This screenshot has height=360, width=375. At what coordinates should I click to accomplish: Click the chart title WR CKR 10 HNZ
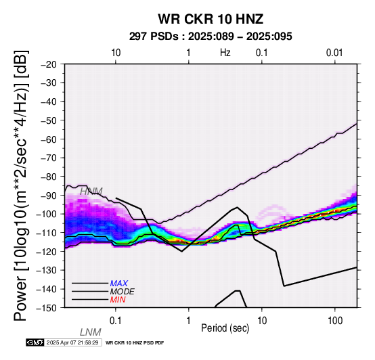[211, 19]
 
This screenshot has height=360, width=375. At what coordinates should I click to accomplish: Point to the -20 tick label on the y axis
[49, 64]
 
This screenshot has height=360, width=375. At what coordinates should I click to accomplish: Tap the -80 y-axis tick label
[49, 177]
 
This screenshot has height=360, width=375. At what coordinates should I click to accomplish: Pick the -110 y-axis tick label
[47, 233]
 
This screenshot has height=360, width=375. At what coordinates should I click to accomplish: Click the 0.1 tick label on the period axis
[115, 321]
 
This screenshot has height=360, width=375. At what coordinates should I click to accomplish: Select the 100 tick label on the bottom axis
[335, 321]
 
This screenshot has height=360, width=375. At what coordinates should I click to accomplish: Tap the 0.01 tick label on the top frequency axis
[334, 53]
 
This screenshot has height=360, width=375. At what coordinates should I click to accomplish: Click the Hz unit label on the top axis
[225, 53]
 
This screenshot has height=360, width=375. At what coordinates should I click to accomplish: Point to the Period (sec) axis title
[225, 328]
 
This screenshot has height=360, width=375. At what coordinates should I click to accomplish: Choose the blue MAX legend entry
[119, 284]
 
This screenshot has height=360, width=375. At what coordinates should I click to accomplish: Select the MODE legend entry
[123, 292]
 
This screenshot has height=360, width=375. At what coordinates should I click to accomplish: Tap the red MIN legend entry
[118, 300]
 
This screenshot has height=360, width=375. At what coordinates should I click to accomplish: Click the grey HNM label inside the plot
[91, 192]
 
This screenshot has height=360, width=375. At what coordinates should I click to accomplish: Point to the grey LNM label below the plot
[91, 332]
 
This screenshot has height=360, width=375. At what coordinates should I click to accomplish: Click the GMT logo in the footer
[35, 342]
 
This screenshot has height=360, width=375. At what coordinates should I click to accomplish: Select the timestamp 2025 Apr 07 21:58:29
[72, 342]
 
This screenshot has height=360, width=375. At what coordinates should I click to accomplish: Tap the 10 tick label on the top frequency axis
[116, 53]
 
